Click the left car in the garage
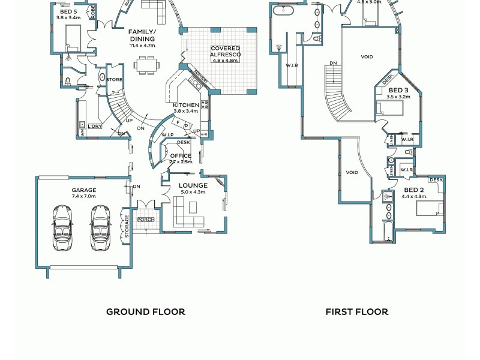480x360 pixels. coord(62,228)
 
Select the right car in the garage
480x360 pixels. coord(101,228)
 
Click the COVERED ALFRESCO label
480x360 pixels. coord(225,52)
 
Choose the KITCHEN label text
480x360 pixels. coord(186,105)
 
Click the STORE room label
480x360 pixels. coord(115,79)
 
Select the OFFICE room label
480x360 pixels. coord(181,156)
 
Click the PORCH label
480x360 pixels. coord(146,220)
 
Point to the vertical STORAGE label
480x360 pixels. coord(127,226)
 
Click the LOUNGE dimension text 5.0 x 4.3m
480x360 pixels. coord(193,192)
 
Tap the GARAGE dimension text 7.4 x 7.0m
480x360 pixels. coord(84,196)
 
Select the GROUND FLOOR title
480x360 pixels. coord(146,311)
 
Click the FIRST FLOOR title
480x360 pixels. coord(357,311)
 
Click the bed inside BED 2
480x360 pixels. coord(431,209)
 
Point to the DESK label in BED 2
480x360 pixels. coord(436,180)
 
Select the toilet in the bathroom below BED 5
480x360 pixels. coord(68,80)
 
